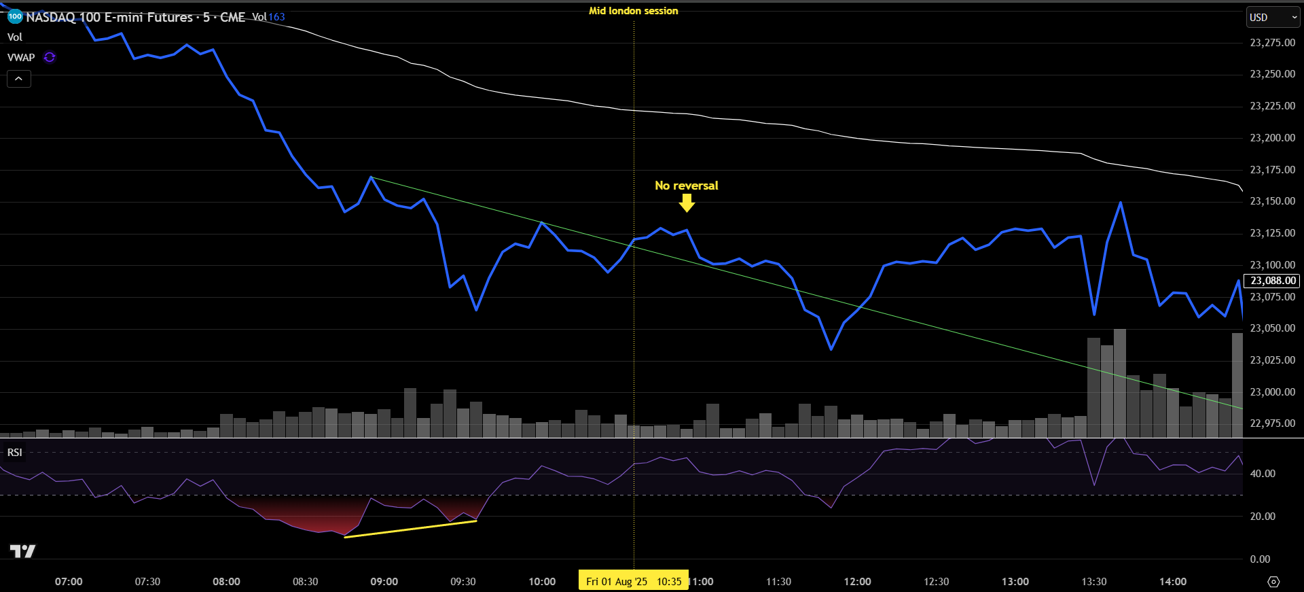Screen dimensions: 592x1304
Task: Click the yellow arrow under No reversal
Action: click(x=687, y=203)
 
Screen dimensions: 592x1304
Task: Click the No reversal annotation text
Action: click(x=686, y=186)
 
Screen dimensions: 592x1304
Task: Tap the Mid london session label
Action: click(x=633, y=11)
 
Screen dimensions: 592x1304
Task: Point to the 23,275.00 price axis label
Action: click(x=1272, y=43)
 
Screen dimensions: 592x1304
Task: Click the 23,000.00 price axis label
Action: click(x=1272, y=392)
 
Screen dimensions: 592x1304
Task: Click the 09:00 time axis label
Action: click(x=384, y=582)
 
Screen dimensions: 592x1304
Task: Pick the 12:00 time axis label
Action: click(x=857, y=582)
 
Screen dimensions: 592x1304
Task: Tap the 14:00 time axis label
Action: click(x=1172, y=582)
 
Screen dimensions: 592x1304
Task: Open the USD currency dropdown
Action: click(x=1273, y=18)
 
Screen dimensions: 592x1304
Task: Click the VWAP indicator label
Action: click(x=21, y=58)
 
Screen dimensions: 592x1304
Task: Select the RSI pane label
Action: click(x=15, y=453)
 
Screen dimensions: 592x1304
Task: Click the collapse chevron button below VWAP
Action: click(x=19, y=80)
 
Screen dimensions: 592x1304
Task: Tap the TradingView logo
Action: click(x=22, y=551)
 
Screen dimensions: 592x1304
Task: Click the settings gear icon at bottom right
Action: click(x=1273, y=582)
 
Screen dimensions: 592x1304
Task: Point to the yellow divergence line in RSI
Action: click(x=410, y=529)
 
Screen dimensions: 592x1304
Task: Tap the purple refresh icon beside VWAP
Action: click(x=50, y=57)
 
